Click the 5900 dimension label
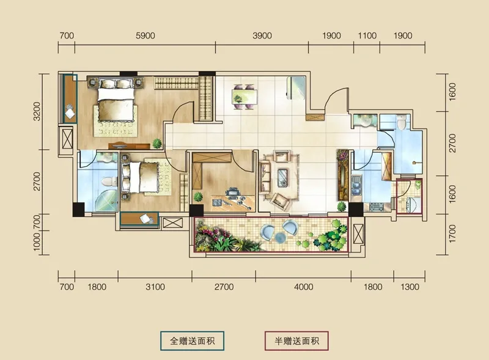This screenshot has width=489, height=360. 145,35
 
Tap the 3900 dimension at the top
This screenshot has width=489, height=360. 262,35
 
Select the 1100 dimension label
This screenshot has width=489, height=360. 367,35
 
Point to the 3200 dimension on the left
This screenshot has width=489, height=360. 37,111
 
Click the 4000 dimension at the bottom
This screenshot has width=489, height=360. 303,287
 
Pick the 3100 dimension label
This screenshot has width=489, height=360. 155,287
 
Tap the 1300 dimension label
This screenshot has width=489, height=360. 410,287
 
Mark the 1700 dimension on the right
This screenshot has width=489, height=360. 452,234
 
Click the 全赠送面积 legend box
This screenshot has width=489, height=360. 193,340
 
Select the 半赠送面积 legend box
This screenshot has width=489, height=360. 296,340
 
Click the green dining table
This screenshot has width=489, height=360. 244,97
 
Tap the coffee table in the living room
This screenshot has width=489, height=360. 283,178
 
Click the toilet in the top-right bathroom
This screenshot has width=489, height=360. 402,122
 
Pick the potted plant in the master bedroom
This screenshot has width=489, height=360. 157,144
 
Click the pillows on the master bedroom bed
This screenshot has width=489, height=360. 116,84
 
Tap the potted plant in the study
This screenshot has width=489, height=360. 198,197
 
